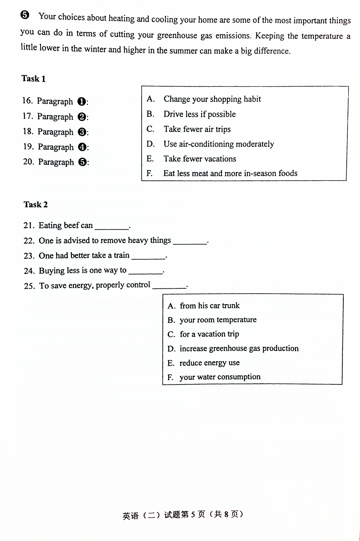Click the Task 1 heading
point(33,79)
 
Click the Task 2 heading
point(36,205)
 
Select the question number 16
point(27,101)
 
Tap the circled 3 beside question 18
point(82,132)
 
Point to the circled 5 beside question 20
point(82,162)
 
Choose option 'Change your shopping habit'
point(212,99)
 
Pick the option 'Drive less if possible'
point(199,114)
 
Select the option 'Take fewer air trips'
point(197,129)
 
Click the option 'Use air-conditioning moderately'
point(219,144)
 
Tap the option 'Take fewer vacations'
point(200,159)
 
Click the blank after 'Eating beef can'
point(112,226)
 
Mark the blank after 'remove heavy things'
point(190,241)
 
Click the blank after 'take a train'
point(148,256)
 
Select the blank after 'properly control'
point(169,286)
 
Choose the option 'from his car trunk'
point(210,306)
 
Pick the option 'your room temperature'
point(218,320)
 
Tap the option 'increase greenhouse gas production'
point(239,349)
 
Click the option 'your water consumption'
point(220,377)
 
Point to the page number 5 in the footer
point(193,515)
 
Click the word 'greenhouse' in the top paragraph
point(177,36)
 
